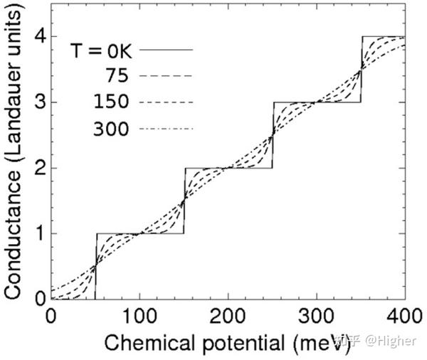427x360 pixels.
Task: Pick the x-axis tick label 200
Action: coord(228,315)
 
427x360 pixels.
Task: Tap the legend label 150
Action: coord(110,102)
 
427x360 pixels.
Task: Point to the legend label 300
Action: coord(110,129)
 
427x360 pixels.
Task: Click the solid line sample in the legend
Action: coord(167,50)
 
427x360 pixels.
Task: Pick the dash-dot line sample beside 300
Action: coord(167,129)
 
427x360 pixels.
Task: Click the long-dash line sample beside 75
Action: coord(167,75)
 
